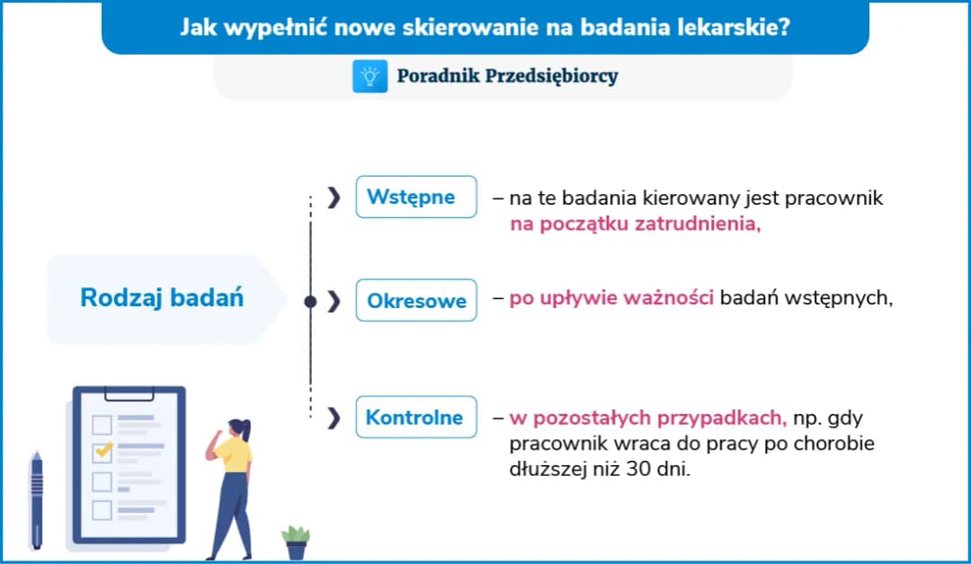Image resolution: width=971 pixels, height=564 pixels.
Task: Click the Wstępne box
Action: point(415,197)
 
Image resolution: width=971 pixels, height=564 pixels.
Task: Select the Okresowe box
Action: point(415,301)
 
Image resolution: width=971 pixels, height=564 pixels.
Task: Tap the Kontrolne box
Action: point(415,417)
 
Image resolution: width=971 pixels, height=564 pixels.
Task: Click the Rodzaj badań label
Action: point(162,298)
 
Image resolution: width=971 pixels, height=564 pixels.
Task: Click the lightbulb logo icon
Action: point(370,76)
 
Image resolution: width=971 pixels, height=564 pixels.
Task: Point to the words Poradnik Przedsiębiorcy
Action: point(507,76)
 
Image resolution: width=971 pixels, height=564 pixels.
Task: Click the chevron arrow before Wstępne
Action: point(334,198)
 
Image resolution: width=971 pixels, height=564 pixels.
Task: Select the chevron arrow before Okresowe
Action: point(334,302)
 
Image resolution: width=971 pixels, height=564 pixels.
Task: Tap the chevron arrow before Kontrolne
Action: point(334,418)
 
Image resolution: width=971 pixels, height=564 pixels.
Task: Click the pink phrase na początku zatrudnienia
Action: point(635,225)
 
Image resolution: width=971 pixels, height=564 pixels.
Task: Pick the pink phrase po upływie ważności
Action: point(611,298)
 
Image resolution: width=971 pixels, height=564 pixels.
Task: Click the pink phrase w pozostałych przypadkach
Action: point(647,418)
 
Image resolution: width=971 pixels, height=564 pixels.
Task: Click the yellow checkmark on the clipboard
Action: point(103,448)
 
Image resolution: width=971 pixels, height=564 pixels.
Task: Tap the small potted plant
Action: point(295,542)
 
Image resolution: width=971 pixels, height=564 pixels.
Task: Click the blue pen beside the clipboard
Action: point(37,499)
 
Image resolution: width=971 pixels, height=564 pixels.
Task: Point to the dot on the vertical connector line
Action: point(310,302)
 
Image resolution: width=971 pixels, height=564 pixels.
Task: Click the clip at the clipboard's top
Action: point(129,392)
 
